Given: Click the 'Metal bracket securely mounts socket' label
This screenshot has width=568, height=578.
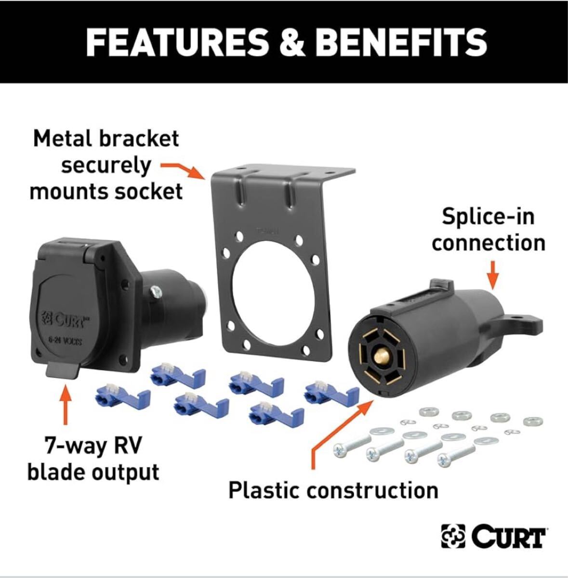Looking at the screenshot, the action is [106, 165].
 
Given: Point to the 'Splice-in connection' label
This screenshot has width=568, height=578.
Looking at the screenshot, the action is [488, 229].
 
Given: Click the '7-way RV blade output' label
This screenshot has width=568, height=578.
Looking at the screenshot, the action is [93, 459].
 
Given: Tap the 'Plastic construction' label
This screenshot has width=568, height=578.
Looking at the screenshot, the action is [333, 490].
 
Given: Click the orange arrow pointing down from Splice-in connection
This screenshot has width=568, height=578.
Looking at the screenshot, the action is [492, 274].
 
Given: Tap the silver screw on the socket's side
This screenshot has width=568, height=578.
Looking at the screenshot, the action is [156, 291].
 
